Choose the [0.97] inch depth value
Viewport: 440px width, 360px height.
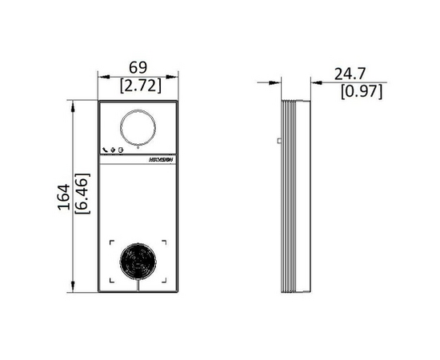tap(362, 92)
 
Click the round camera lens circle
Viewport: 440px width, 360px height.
tap(138, 126)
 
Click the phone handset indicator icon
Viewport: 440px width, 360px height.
tap(106, 150)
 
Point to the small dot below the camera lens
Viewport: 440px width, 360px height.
tap(138, 149)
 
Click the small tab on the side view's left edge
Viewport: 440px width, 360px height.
tap(278, 141)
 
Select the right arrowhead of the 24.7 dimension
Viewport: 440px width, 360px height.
tap(313, 82)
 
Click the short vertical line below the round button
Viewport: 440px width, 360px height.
tap(138, 284)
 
